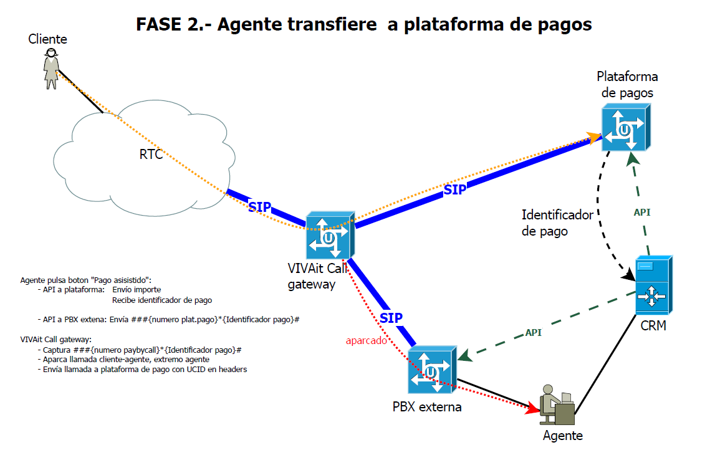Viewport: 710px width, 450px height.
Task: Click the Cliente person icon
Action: tap(51, 69)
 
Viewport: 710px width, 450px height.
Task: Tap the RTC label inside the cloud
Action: tap(151, 155)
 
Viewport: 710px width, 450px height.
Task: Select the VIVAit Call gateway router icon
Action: tap(329, 237)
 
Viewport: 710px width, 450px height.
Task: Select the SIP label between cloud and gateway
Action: tap(259, 207)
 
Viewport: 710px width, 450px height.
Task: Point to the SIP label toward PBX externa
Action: tap(391, 318)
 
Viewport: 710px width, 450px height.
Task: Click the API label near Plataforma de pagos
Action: tap(642, 213)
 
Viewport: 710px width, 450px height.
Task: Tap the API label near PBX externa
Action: tap(533, 333)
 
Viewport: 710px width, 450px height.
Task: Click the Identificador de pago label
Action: tap(557, 223)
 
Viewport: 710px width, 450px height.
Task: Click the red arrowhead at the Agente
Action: tap(533, 409)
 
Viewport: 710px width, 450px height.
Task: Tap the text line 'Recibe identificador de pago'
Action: tap(162, 300)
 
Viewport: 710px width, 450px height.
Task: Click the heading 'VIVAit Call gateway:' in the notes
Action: tap(56, 340)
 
